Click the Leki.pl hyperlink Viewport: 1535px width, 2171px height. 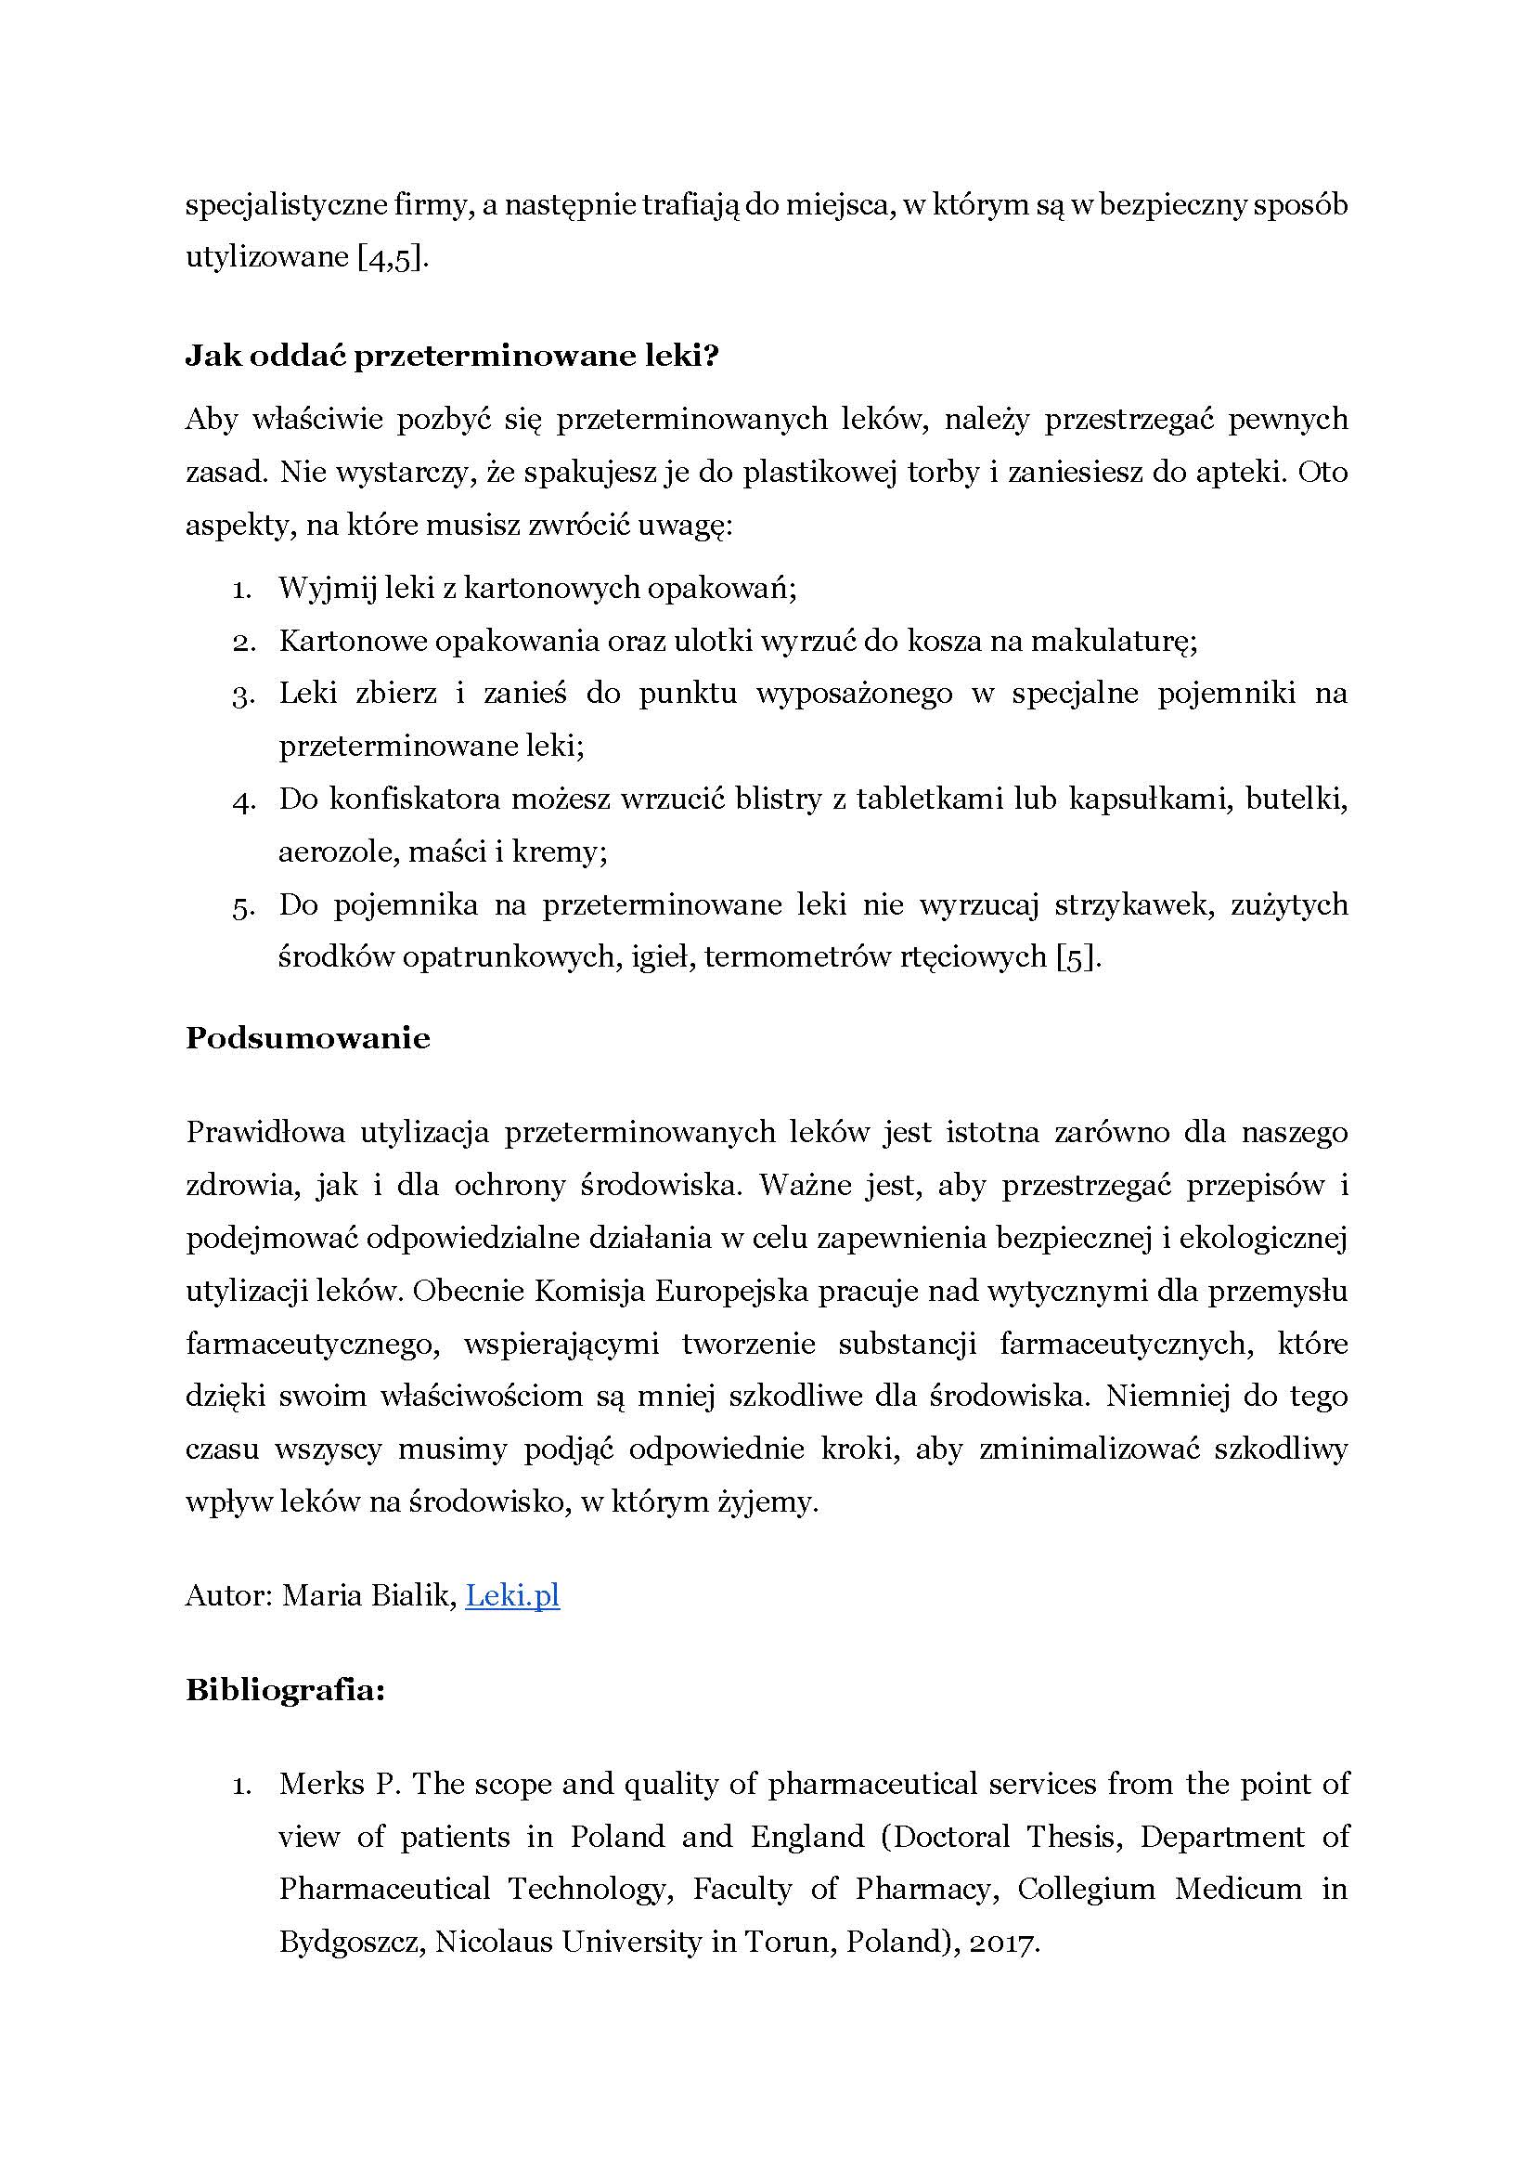point(512,1596)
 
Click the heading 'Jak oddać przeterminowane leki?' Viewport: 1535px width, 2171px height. point(452,356)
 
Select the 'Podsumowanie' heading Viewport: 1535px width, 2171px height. point(307,1038)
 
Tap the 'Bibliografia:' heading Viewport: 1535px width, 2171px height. point(285,1690)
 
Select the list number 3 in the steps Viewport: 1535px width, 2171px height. point(241,695)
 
